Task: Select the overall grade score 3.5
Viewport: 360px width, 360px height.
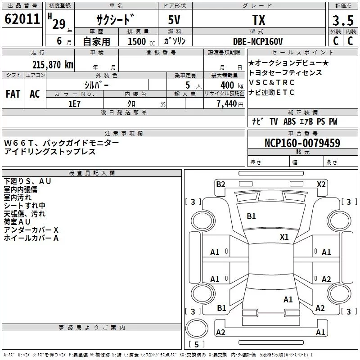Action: pyautogui.click(x=342, y=20)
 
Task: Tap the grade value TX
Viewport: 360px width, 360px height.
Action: pyautogui.click(x=258, y=20)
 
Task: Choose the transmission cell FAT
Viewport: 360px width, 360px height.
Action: pyautogui.click(x=13, y=94)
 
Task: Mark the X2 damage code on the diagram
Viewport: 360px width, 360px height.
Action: pyautogui.click(x=321, y=184)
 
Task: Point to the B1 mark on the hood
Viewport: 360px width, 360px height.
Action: pyautogui.click(x=251, y=216)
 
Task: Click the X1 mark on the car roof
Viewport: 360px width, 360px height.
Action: pyautogui.click(x=284, y=237)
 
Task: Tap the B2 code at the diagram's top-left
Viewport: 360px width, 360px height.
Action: pyautogui.click(x=220, y=184)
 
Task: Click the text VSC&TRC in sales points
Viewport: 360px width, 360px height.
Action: pyautogui.click(x=272, y=82)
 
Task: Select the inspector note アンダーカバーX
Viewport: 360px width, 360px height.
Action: pyautogui.click(x=31, y=230)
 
